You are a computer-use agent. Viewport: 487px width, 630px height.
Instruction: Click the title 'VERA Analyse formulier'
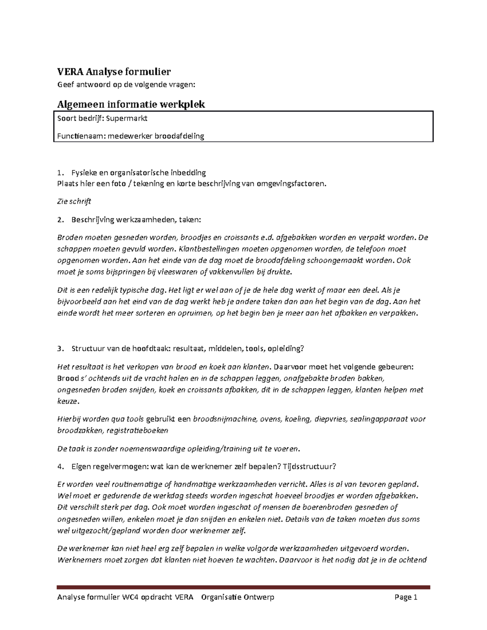(114, 72)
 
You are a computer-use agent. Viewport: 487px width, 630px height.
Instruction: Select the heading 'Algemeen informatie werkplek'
(131, 104)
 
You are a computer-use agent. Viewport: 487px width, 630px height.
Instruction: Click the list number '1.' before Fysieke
(60, 172)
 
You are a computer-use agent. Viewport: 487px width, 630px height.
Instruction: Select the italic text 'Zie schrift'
(74, 201)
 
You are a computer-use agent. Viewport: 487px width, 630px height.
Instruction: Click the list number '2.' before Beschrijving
(60, 220)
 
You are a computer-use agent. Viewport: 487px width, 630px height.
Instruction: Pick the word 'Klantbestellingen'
(207, 249)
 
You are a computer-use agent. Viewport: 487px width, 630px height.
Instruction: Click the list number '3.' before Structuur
(60, 348)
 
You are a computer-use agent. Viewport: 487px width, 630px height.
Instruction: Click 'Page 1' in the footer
(406, 597)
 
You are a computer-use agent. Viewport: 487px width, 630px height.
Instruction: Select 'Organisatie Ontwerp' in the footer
(238, 597)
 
